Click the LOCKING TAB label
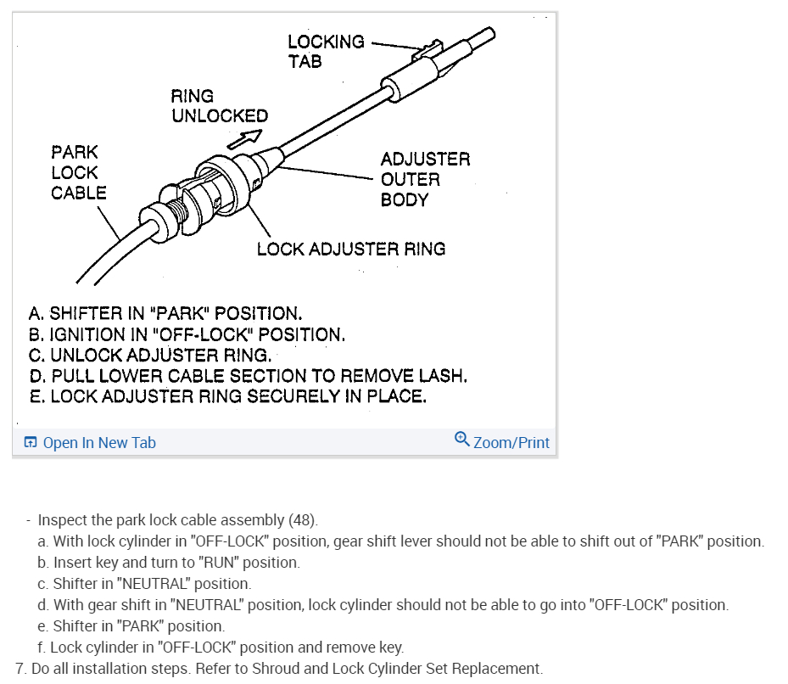point(326,51)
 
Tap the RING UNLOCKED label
point(219,106)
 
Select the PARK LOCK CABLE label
point(78,172)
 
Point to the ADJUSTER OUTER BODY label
point(424,179)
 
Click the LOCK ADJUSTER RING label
point(350,249)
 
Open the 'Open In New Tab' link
point(98,442)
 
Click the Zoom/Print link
point(511,442)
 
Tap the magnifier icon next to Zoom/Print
point(462,439)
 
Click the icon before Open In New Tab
point(31,442)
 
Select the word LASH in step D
point(442,375)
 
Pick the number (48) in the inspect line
point(303,519)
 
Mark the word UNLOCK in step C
point(86,355)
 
